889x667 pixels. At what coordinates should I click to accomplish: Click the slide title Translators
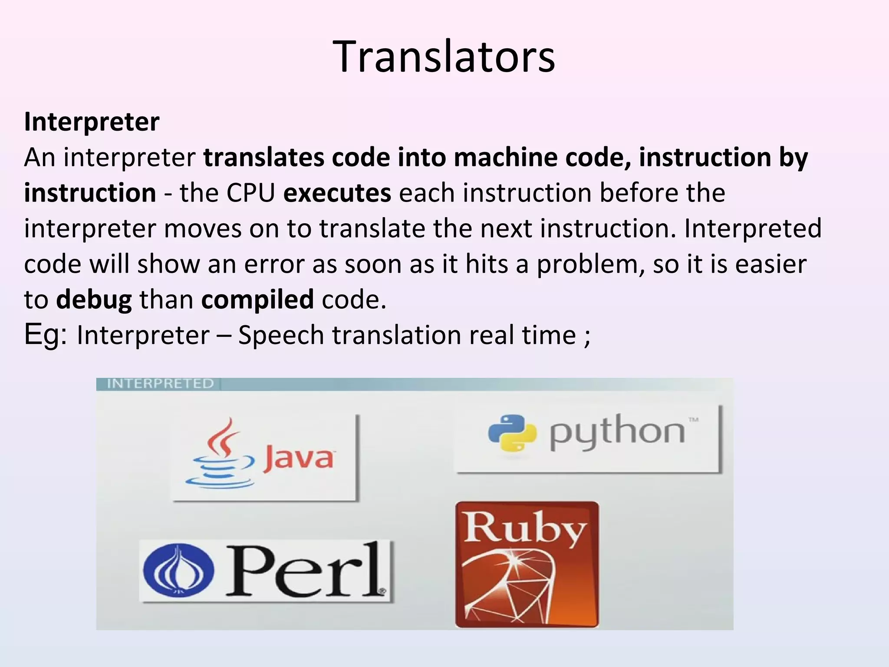pyautogui.click(x=444, y=57)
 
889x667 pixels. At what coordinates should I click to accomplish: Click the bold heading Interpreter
pyautogui.click(x=92, y=122)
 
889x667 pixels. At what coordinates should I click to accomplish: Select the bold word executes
pyautogui.click(x=337, y=193)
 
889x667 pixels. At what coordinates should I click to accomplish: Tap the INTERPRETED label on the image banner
pyautogui.click(x=160, y=383)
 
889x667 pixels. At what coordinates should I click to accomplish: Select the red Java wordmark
pyautogui.click(x=299, y=458)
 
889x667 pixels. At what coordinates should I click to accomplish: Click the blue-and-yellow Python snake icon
pyautogui.click(x=512, y=433)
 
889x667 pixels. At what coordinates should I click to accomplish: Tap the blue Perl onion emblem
pyautogui.click(x=178, y=571)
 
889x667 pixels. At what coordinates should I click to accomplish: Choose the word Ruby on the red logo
pyautogui.click(x=525, y=528)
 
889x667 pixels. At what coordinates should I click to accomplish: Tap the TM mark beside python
pyautogui.click(x=693, y=419)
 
